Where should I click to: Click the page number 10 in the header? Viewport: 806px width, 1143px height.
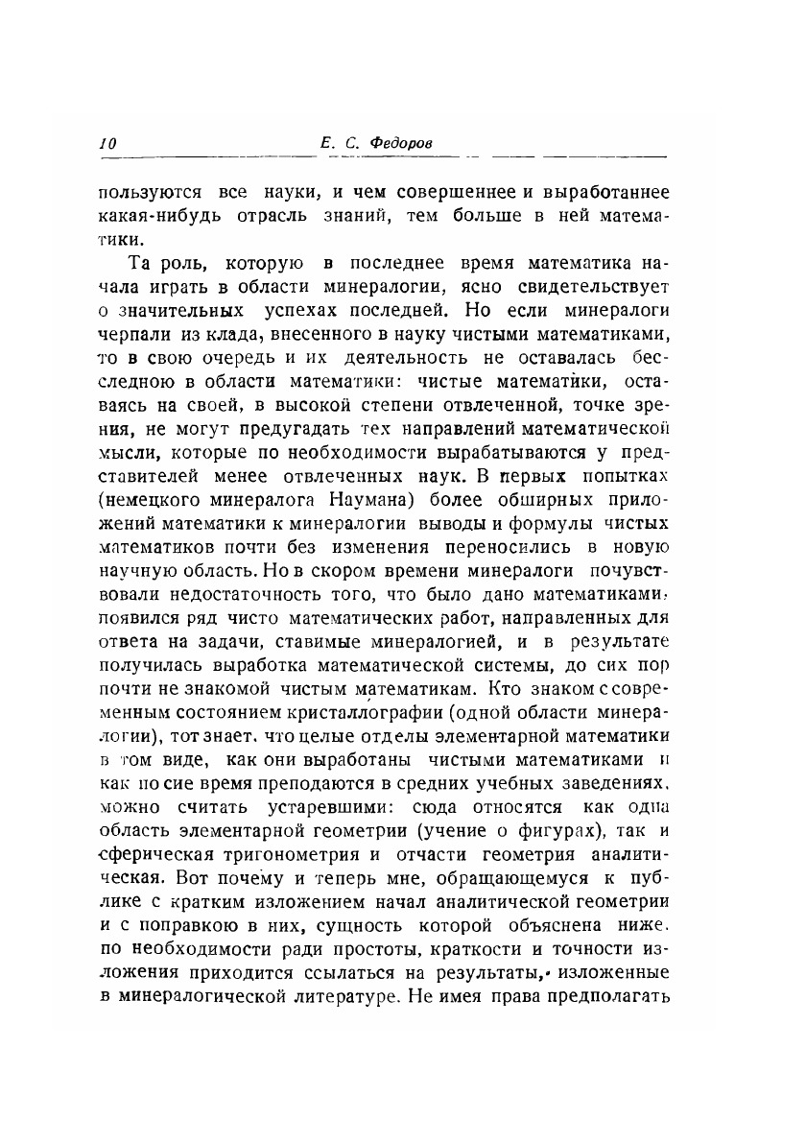click(x=107, y=143)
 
